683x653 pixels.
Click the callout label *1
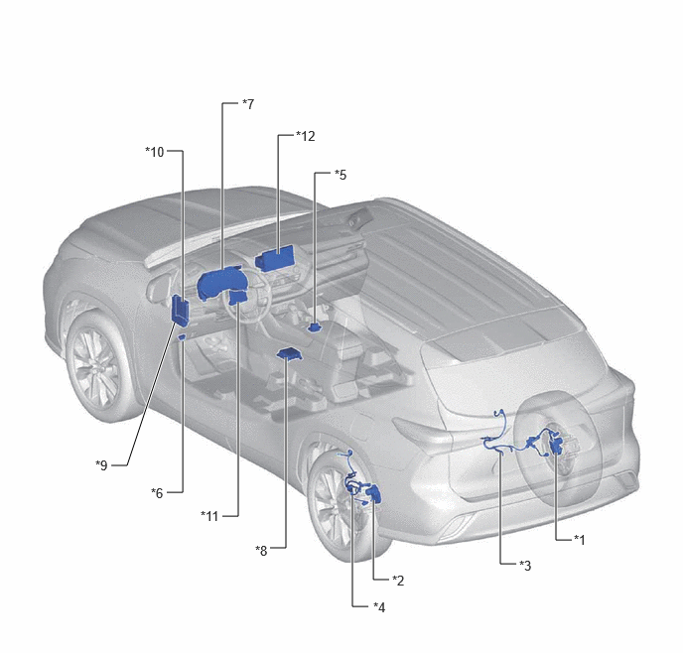click(580, 540)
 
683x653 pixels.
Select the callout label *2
click(398, 580)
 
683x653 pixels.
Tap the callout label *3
click(525, 565)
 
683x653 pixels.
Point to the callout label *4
click(379, 607)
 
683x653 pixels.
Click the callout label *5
click(341, 175)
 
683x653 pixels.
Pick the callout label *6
click(157, 493)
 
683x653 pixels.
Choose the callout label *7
click(248, 104)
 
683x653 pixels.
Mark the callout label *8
click(261, 550)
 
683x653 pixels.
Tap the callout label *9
click(101, 464)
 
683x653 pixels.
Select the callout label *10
click(155, 152)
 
